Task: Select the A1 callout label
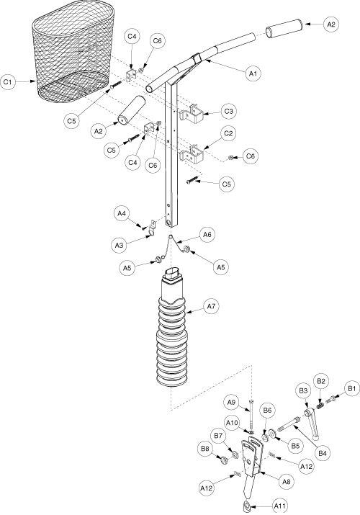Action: [253, 74]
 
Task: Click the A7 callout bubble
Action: [211, 306]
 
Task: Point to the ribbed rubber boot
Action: [172, 328]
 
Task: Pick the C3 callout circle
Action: [228, 112]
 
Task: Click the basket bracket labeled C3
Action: [192, 114]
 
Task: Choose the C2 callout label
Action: [228, 133]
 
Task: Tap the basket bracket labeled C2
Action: [192, 153]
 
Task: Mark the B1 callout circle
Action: [352, 389]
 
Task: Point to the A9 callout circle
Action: [233, 402]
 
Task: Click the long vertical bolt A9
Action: [251, 414]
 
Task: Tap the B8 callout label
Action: [205, 449]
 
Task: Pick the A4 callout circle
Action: [122, 213]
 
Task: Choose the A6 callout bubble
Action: [207, 235]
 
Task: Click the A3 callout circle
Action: [119, 245]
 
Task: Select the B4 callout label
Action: [323, 454]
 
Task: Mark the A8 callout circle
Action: [286, 481]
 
